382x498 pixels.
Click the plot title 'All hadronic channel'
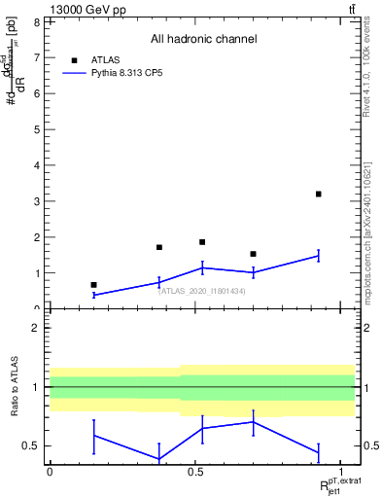203,39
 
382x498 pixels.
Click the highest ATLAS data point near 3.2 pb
318,194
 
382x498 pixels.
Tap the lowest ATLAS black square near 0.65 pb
93,285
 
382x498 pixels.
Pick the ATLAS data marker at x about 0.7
253,254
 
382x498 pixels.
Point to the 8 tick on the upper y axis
36,21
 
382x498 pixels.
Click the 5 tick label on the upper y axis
36,129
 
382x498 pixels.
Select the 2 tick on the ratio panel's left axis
36,328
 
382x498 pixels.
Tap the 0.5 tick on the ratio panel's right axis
369,446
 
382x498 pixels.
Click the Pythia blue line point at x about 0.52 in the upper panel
202,267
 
